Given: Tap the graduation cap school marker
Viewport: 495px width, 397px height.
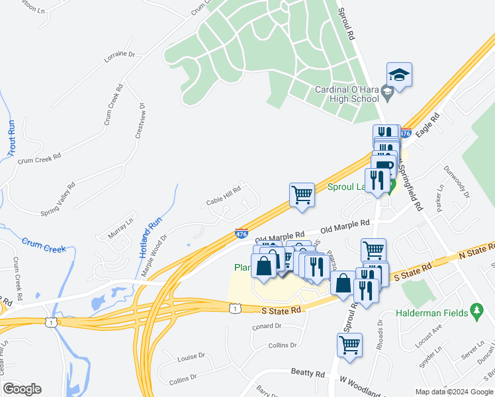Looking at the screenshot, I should (400, 75).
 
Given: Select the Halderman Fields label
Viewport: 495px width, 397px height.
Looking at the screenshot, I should (431, 312).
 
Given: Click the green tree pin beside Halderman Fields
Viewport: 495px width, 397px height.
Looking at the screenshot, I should (476, 311).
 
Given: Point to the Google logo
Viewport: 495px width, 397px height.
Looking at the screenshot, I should (21, 389).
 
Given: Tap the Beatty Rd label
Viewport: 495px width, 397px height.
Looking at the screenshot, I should (308, 373).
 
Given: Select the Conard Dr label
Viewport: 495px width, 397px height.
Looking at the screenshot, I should (267, 326).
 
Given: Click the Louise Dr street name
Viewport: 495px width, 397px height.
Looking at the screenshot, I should (191, 357).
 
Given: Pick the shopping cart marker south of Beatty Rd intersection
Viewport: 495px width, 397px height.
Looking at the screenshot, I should (349, 345).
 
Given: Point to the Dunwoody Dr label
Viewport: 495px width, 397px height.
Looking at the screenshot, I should (456, 182).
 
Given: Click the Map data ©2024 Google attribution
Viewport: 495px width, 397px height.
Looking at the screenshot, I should (454, 391).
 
